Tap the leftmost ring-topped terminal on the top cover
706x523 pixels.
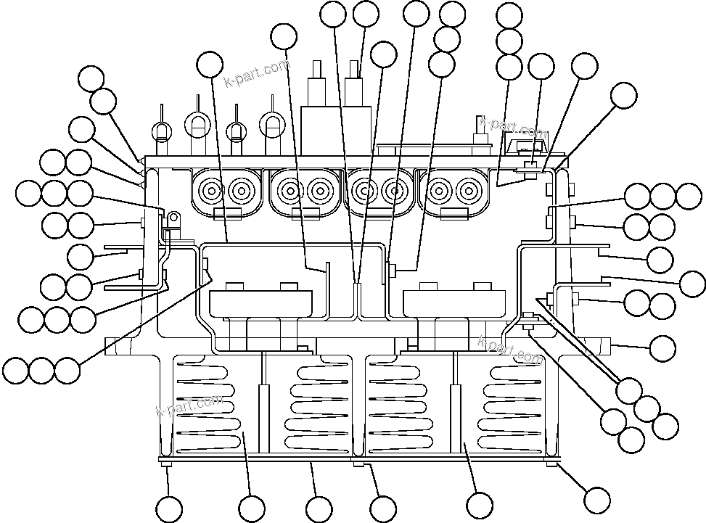click(161, 131)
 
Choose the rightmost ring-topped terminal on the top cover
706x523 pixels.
click(272, 125)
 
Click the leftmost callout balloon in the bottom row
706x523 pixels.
click(169, 508)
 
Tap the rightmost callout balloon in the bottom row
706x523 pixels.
click(596, 499)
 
